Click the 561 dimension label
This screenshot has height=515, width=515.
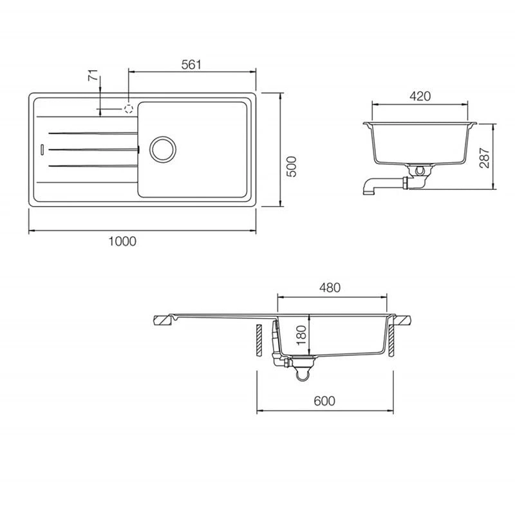(191, 64)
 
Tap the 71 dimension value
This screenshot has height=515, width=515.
(93, 75)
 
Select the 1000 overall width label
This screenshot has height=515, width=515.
(122, 241)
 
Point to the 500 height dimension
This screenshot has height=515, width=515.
(291, 167)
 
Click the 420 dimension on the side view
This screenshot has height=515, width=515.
(420, 96)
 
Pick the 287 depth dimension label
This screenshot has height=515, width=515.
(484, 158)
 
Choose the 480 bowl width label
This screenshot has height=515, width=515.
(330, 287)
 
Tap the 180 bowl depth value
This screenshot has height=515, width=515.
(301, 335)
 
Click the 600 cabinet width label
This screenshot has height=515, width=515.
(324, 400)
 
